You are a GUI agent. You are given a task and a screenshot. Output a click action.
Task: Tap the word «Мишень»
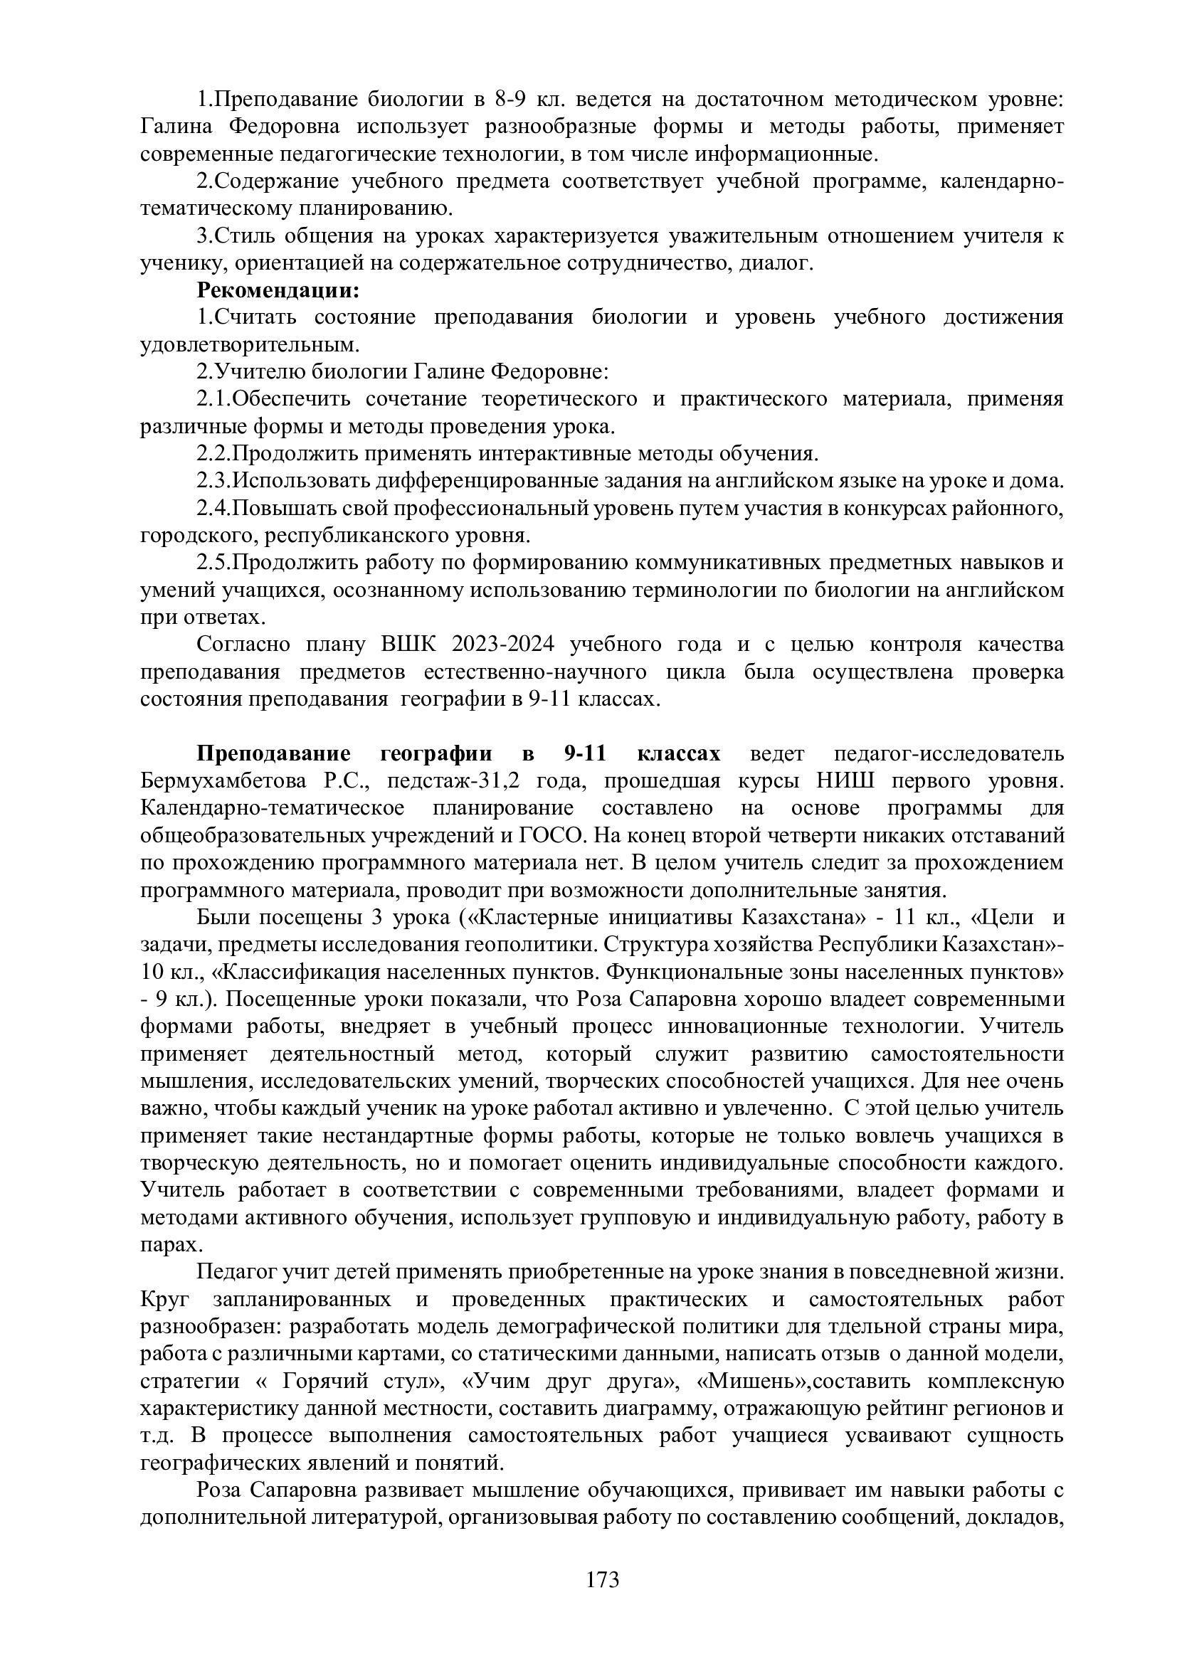point(752,1381)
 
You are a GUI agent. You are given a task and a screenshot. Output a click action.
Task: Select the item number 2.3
point(212,480)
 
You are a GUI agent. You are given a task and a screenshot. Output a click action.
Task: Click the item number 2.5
point(212,563)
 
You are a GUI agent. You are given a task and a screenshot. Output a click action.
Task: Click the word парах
point(167,1244)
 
